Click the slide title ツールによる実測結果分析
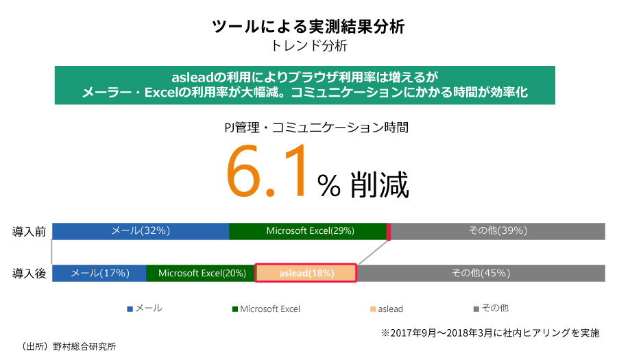[308, 27]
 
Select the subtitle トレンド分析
[308, 47]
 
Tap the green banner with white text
[304, 84]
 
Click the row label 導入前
[29, 231]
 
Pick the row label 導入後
[29, 273]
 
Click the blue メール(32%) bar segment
[141, 231]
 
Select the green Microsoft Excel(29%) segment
[308, 231]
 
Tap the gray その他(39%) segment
[498, 231]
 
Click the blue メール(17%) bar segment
[99, 273]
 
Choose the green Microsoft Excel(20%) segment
[201, 273]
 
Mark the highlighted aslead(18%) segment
[306, 273]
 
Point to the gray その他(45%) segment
[481, 273]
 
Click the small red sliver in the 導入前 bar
[389, 231]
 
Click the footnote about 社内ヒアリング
[490, 333]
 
